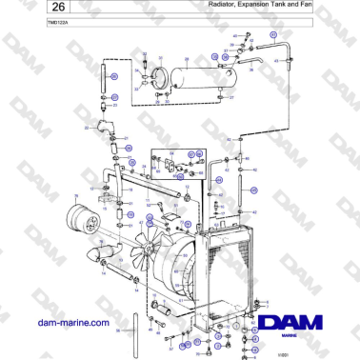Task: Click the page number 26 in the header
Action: (x=30, y=9)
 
